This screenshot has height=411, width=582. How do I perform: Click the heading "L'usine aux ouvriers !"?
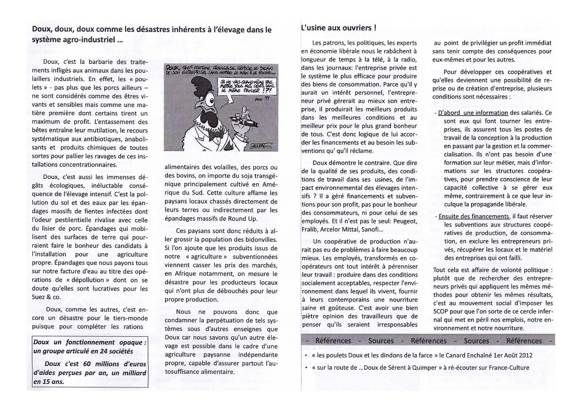point(338,28)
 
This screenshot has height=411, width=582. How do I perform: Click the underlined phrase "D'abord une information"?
point(473,113)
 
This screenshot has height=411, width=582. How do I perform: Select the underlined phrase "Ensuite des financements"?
point(474,216)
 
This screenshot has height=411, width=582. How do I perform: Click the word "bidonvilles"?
point(261,239)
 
